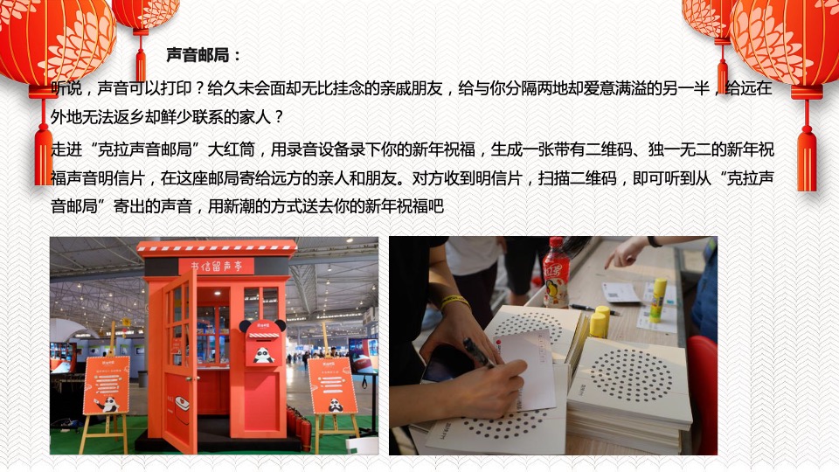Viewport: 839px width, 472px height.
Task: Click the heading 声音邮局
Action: [203, 55]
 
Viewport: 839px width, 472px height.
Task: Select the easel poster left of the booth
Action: [105, 385]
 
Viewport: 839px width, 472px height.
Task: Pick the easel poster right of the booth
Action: [333, 385]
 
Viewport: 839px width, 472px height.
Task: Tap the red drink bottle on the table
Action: [556, 273]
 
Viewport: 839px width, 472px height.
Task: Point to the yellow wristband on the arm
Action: [454, 302]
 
